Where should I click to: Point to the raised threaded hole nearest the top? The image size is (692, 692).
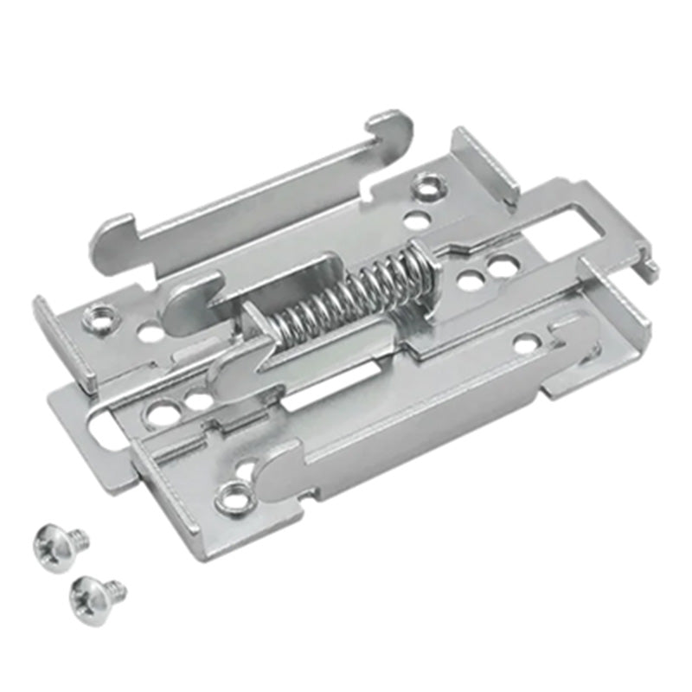[x=425, y=184]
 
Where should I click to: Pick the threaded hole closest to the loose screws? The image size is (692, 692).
[x=232, y=497]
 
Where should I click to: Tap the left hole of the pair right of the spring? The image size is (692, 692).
[x=469, y=279]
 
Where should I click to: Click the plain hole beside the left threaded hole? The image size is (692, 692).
[x=149, y=331]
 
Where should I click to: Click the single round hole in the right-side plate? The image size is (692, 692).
[x=524, y=345]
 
